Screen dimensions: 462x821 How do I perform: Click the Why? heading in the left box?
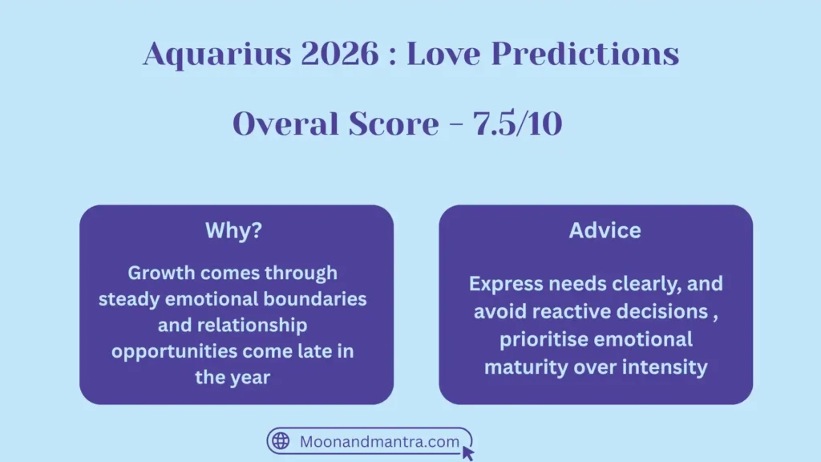(234, 231)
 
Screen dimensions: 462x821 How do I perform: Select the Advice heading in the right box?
(605, 231)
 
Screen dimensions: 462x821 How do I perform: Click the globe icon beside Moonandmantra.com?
(281, 441)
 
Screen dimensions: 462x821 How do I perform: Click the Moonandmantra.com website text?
(379, 441)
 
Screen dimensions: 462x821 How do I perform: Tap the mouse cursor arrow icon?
(468, 453)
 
